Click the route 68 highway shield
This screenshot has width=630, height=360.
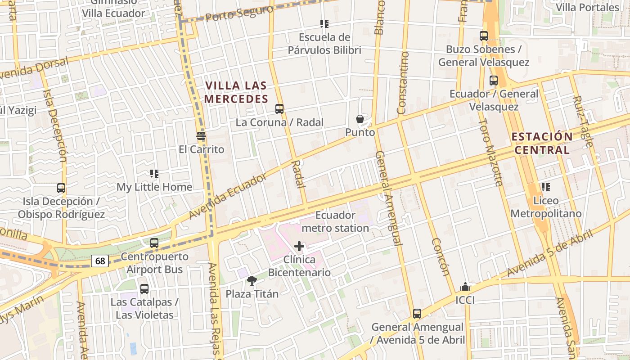tap(100, 261)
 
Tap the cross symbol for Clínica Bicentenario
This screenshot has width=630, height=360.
tap(299, 246)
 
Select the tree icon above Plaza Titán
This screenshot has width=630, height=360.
tap(252, 281)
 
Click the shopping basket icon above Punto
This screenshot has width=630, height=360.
tap(360, 119)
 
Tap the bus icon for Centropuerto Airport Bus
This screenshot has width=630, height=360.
tap(154, 243)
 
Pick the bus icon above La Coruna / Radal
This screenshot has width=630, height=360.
tap(279, 108)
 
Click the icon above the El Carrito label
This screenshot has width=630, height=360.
tap(201, 135)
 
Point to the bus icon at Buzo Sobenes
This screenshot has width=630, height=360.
tap(484, 36)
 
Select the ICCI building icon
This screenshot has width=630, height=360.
tap(465, 287)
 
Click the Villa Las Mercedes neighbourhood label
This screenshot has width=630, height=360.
tap(236, 92)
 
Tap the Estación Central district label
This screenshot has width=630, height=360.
tap(542, 143)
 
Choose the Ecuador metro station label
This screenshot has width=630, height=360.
tap(335, 221)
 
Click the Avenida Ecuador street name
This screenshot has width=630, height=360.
tap(228, 196)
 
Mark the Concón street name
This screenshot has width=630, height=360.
tap(441, 256)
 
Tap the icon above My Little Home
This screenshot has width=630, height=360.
tap(154, 173)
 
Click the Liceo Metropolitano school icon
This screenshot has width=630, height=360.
tap(546, 187)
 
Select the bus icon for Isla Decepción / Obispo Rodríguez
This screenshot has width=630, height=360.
tap(61, 188)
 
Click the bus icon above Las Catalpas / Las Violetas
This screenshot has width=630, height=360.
tap(144, 289)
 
